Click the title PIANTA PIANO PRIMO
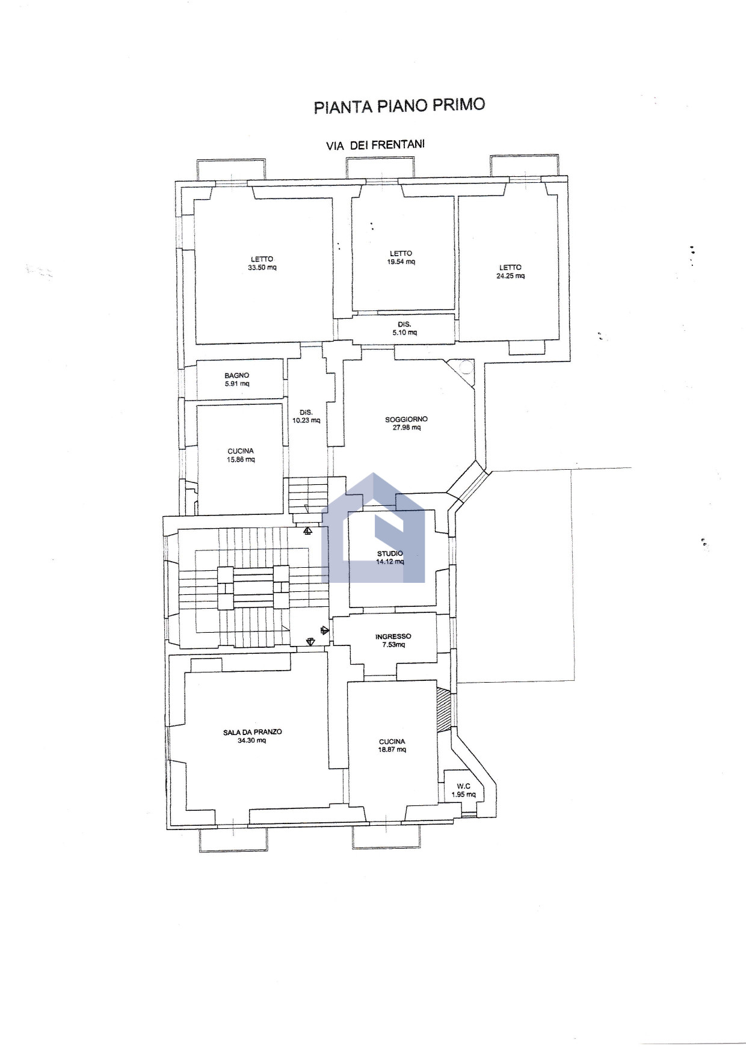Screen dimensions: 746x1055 (x=399, y=106)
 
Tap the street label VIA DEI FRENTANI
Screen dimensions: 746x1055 (x=375, y=145)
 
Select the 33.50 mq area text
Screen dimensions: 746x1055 (x=262, y=268)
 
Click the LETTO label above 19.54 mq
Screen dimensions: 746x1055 (x=401, y=253)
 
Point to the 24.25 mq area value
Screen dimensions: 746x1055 (x=510, y=276)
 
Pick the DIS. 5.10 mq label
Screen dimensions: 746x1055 (x=404, y=328)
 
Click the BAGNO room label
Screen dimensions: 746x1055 (x=237, y=375)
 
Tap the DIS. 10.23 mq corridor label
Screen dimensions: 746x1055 (x=306, y=416)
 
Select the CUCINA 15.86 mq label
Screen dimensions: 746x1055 (x=241, y=455)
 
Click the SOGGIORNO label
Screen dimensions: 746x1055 (x=407, y=419)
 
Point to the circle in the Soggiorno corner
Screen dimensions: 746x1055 (x=467, y=367)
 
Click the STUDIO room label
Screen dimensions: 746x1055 (x=390, y=553)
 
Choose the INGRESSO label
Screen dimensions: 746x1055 (x=393, y=636)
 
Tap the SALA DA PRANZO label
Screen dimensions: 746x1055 (x=252, y=732)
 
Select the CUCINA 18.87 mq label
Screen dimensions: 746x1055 (x=392, y=746)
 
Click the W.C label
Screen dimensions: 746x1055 (x=463, y=786)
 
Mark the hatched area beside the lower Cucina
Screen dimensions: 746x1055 (x=443, y=710)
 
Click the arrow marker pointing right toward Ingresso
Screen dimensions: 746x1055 (x=325, y=630)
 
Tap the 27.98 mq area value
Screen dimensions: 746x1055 (x=407, y=428)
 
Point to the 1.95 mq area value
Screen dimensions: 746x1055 (x=463, y=795)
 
